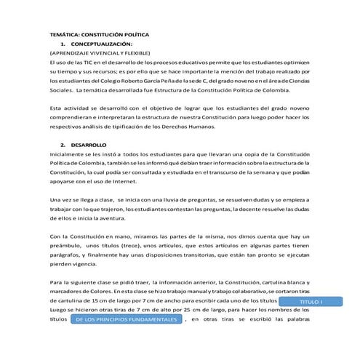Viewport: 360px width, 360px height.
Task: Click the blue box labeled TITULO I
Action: pyautogui.click(x=311, y=301)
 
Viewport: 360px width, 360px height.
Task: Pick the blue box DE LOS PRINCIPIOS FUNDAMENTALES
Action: pyautogui.click(x=126, y=319)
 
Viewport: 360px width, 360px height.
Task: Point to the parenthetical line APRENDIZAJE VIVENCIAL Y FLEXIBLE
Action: pyautogui.click(x=100, y=54)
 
